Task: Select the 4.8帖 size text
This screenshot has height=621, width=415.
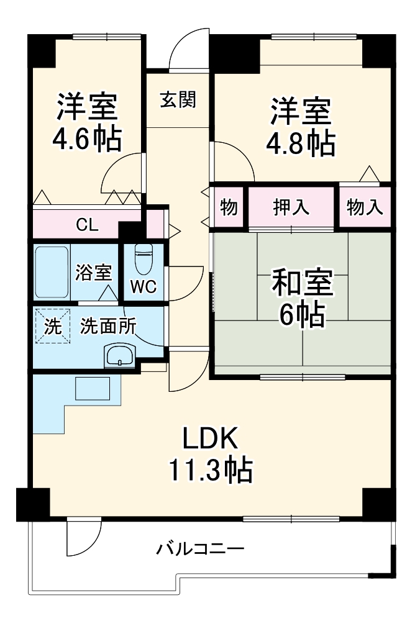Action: (x=301, y=144)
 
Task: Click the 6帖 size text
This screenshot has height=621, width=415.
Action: (x=301, y=316)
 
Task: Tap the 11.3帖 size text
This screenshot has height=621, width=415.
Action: (x=209, y=470)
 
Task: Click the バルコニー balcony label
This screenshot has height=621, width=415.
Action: (x=200, y=549)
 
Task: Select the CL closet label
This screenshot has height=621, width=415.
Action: (x=87, y=225)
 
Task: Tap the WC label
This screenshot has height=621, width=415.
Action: (x=143, y=287)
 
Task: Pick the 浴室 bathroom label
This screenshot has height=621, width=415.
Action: (x=94, y=272)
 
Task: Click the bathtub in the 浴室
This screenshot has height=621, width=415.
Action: (x=52, y=273)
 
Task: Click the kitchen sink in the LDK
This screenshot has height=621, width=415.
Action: (x=92, y=389)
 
